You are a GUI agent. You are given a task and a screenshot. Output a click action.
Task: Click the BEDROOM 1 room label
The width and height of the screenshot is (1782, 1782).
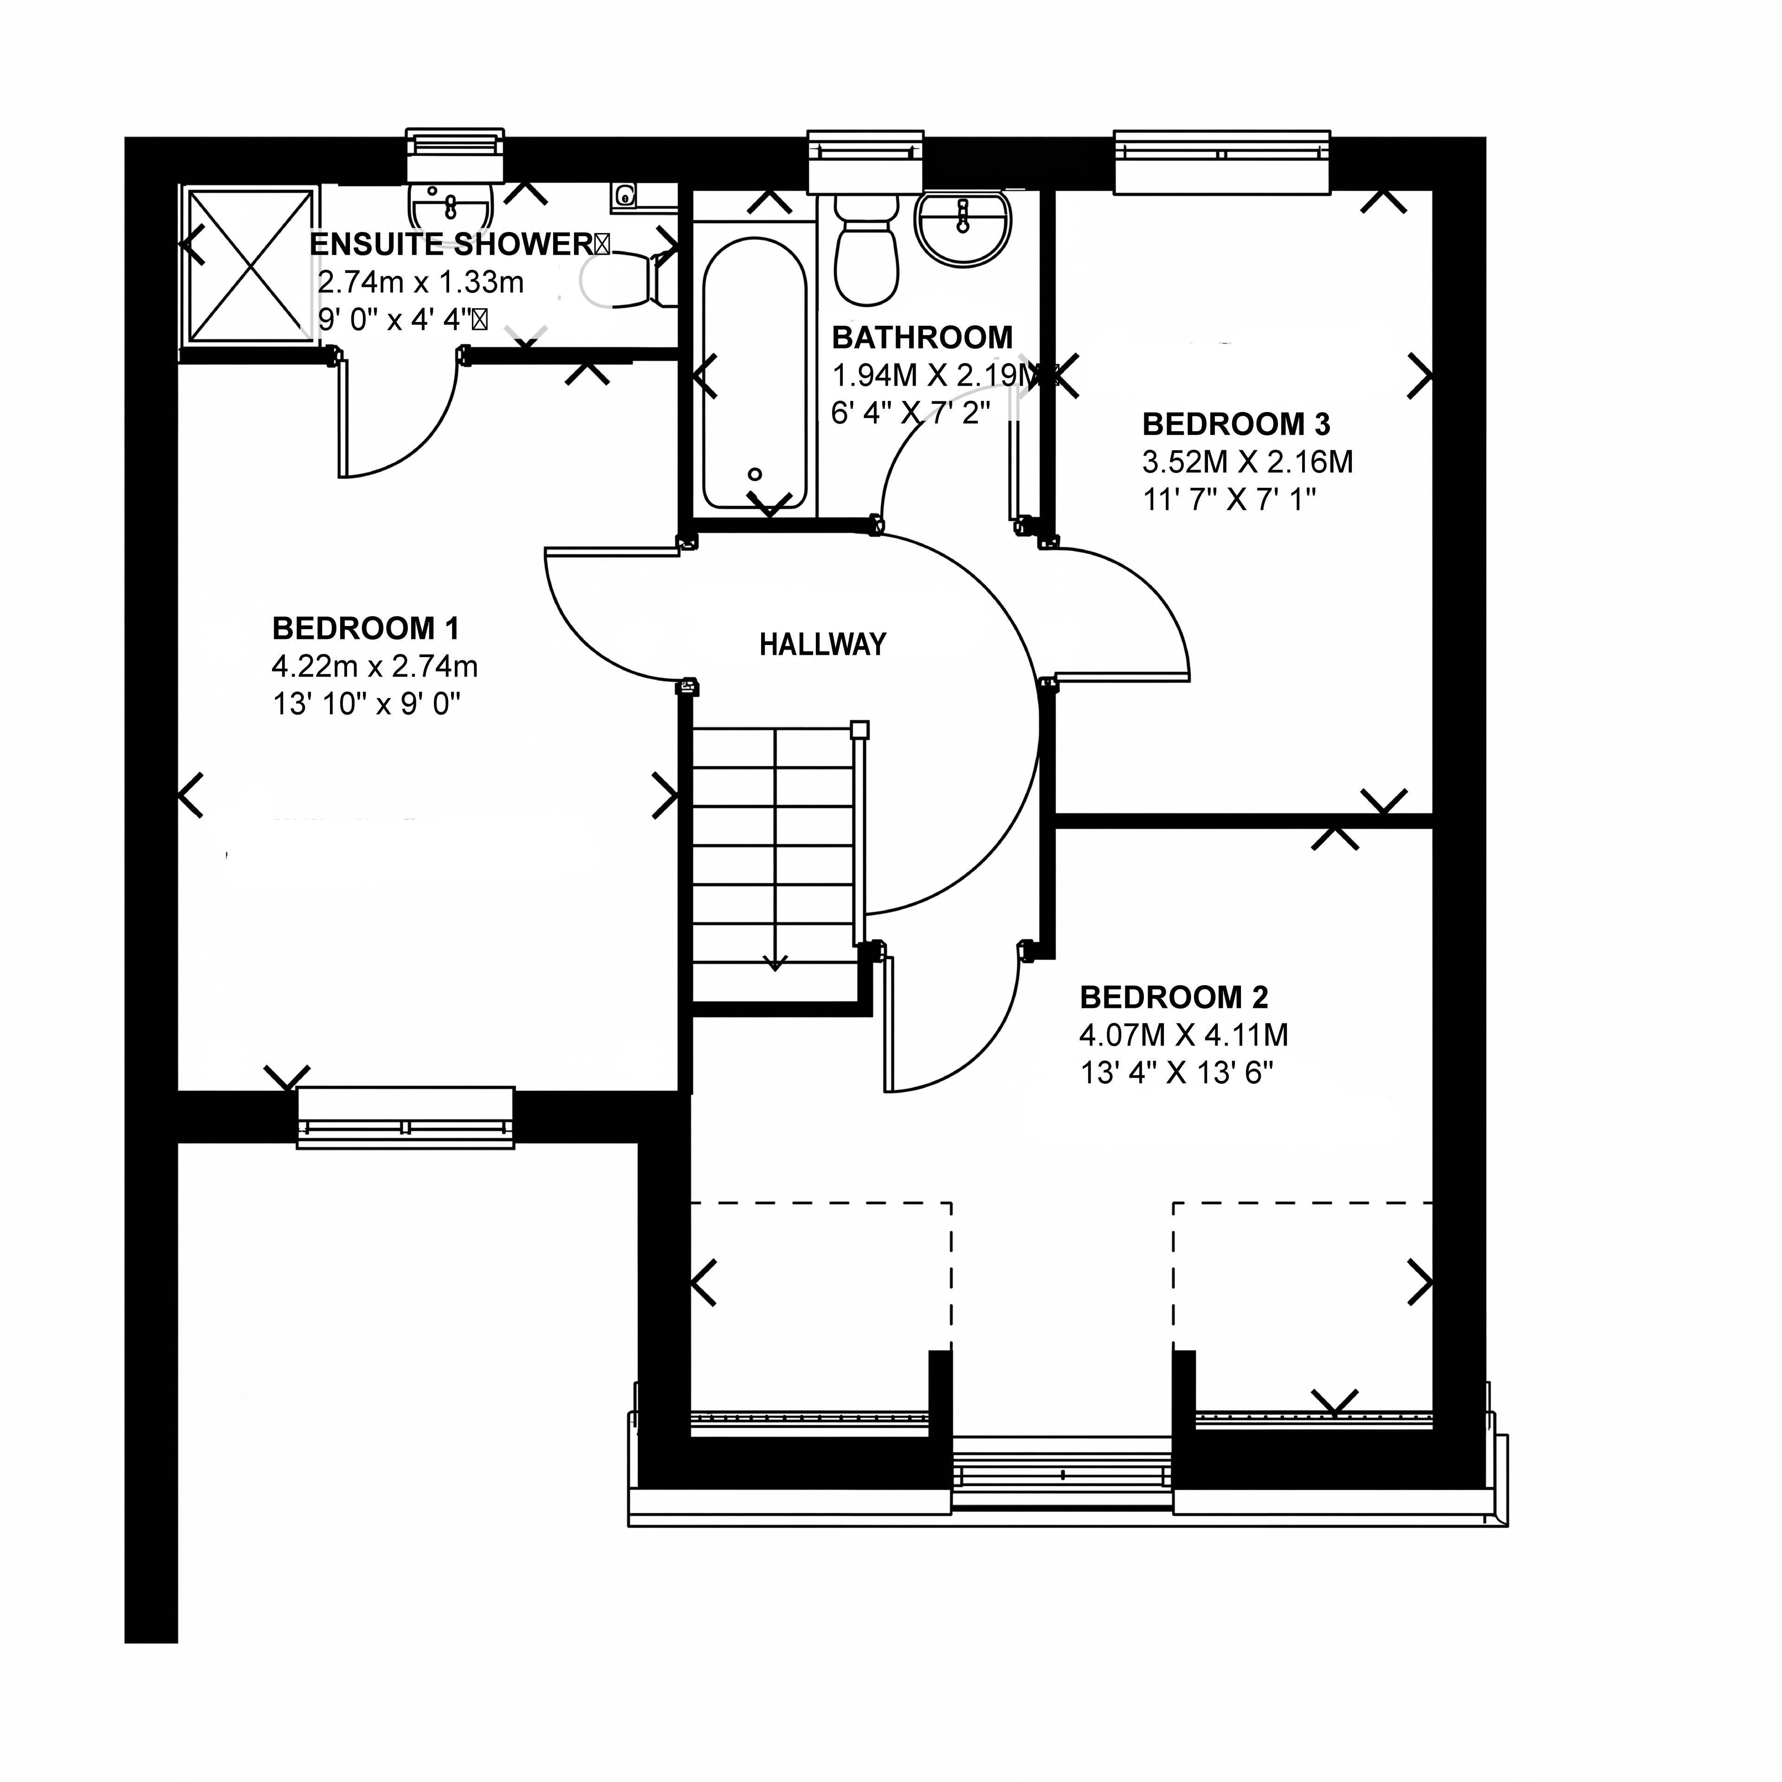pos(365,629)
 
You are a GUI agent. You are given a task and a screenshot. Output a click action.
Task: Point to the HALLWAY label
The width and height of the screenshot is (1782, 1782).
pos(823,644)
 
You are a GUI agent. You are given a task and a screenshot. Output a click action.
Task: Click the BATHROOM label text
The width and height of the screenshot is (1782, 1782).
pos(923,337)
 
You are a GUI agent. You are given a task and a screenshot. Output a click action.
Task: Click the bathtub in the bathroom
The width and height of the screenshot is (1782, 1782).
pos(755,374)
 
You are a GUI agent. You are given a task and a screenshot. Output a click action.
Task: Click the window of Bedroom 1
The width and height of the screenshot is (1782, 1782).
pos(406,1118)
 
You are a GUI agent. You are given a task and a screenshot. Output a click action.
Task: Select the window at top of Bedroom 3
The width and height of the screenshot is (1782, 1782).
pos(1222,162)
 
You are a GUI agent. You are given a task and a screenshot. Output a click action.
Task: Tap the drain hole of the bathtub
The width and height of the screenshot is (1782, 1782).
pos(755,475)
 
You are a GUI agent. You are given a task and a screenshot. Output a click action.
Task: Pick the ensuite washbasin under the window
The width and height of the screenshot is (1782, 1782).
pos(451,203)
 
